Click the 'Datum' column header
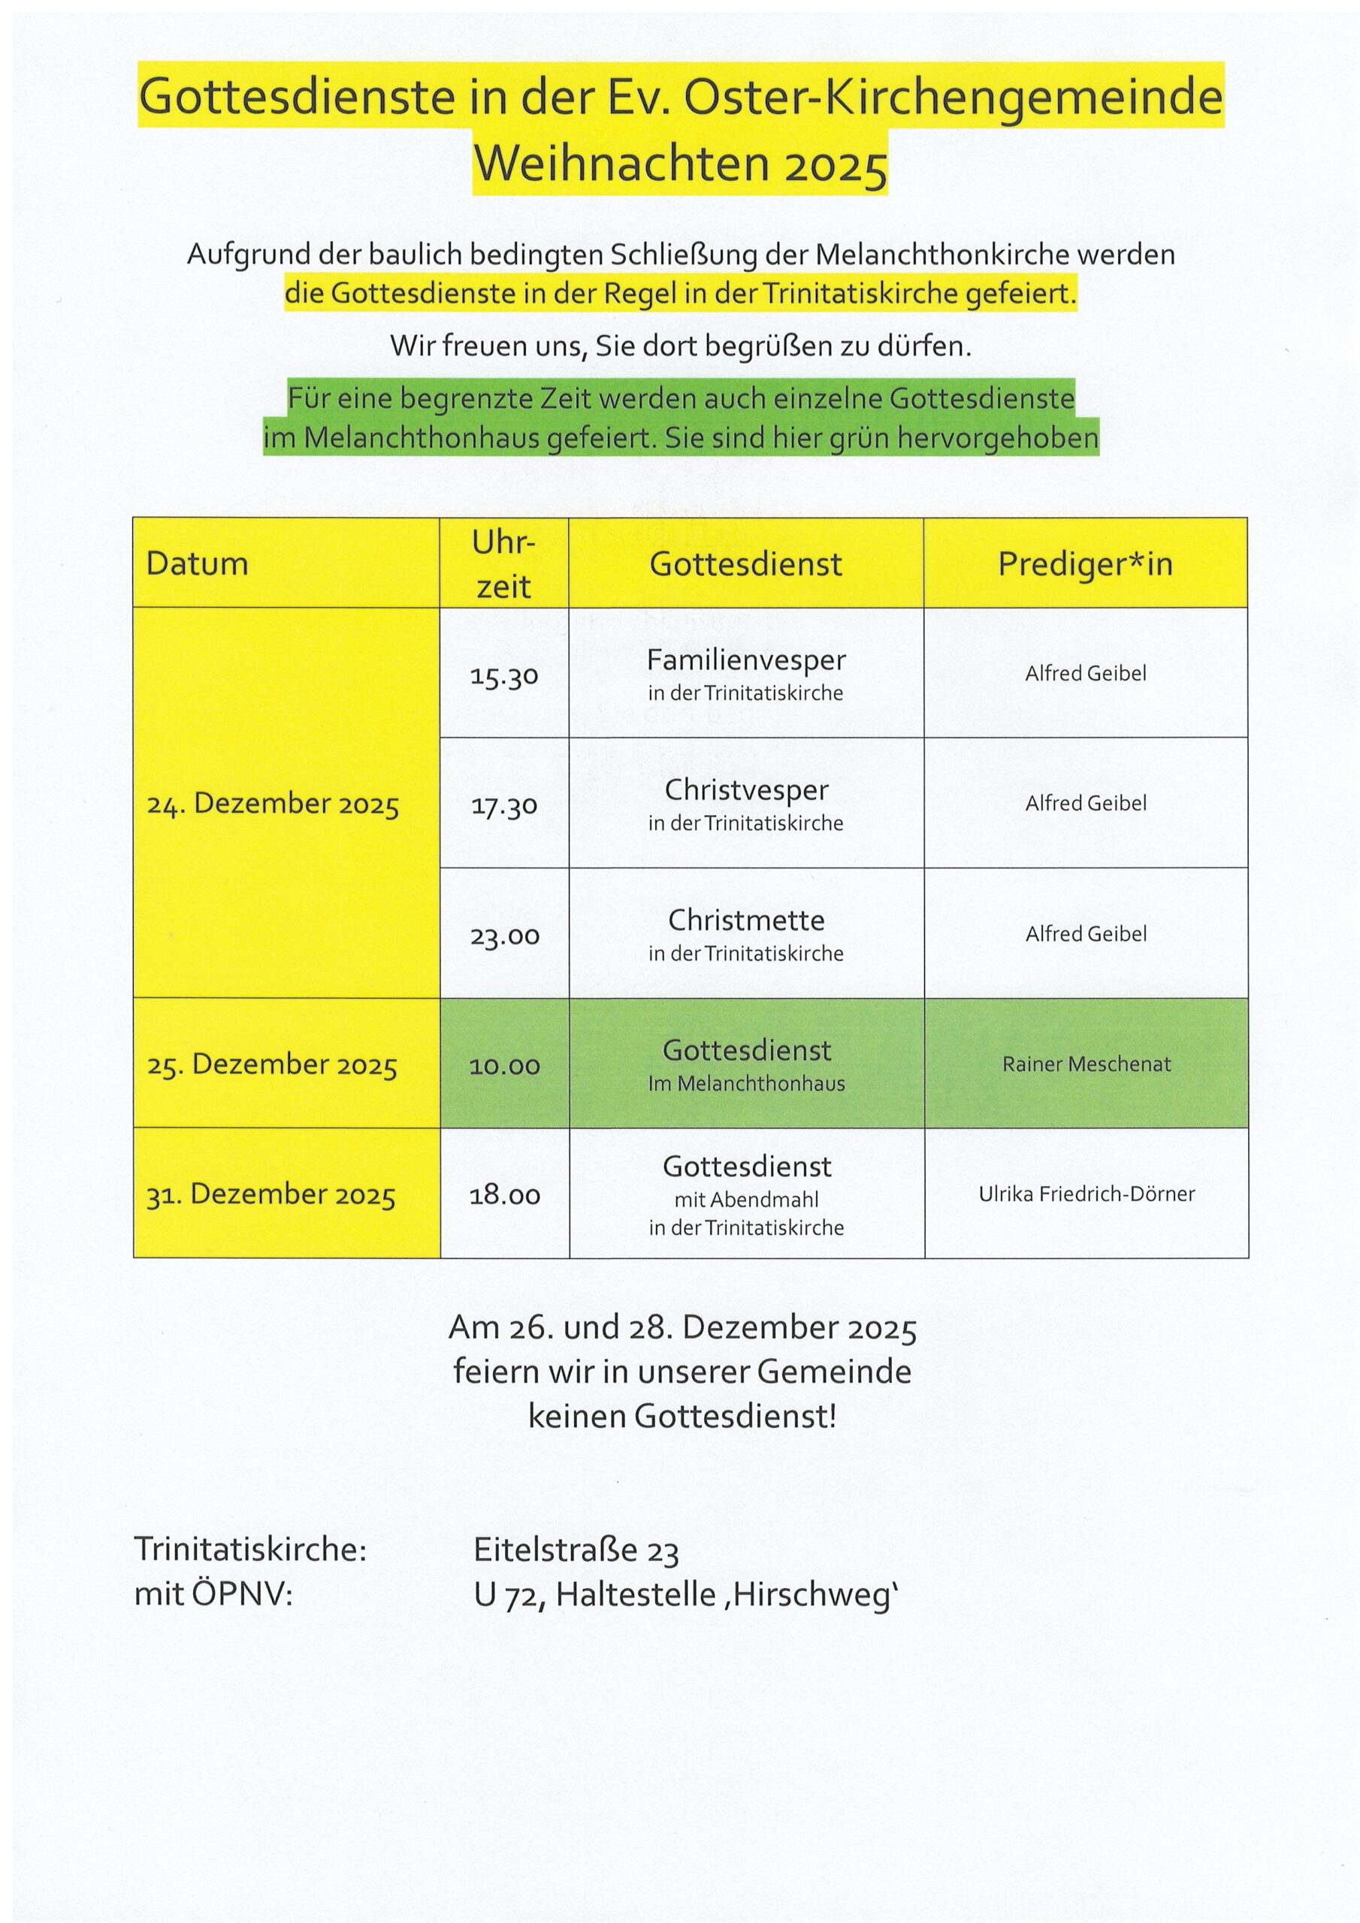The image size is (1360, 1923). (x=197, y=563)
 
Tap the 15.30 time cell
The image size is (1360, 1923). (x=503, y=676)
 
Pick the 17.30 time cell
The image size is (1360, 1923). (x=503, y=806)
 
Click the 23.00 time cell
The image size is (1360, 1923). (x=503, y=935)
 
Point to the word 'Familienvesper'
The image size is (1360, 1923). (x=746, y=660)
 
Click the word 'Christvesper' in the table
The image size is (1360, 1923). (x=746, y=789)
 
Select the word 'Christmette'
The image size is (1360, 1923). (x=746, y=920)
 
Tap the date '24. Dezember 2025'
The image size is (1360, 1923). (x=274, y=804)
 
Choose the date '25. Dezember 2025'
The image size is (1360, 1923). (x=272, y=1064)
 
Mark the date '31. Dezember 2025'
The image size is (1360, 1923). (x=270, y=1194)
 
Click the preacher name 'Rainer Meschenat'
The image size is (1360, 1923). (x=1086, y=1064)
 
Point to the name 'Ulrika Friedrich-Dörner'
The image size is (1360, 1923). (x=1086, y=1194)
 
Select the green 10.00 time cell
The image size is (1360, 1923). (x=503, y=1065)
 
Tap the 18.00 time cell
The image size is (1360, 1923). (x=503, y=1195)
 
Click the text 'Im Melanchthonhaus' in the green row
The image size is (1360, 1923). (x=746, y=1084)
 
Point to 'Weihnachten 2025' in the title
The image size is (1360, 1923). (x=681, y=165)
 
